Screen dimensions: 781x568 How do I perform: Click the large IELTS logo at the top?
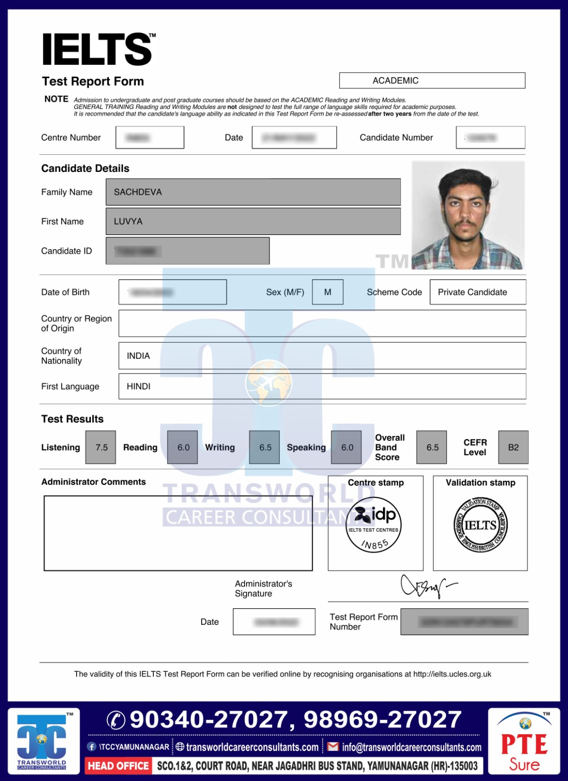(x=98, y=49)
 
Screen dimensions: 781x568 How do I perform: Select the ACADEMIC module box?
(x=432, y=81)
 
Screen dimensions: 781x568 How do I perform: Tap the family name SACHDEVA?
(x=138, y=192)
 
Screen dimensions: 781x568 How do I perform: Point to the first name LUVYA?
(x=128, y=222)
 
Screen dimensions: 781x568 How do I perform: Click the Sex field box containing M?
(x=327, y=292)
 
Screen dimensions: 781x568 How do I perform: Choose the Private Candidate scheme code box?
(x=477, y=292)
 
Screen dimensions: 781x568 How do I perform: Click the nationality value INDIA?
(x=138, y=356)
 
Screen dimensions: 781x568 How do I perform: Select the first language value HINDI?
(x=139, y=387)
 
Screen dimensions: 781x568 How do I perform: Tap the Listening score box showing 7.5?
(x=101, y=447)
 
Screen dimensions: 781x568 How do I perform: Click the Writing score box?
(x=264, y=447)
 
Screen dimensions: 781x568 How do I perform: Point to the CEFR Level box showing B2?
(x=513, y=447)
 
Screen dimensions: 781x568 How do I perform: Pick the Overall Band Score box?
(x=432, y=447)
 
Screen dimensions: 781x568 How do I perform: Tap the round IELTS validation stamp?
(x=481, y=525)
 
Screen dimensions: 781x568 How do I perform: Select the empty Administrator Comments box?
(x=178, y=533)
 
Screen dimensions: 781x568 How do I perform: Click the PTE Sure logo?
(x=524, y=741)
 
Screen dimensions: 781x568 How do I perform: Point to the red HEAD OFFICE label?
(x=118, y=766)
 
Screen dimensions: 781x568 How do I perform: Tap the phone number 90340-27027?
(x=211, y=719)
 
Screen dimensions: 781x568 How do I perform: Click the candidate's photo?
(x=467, y=215)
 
